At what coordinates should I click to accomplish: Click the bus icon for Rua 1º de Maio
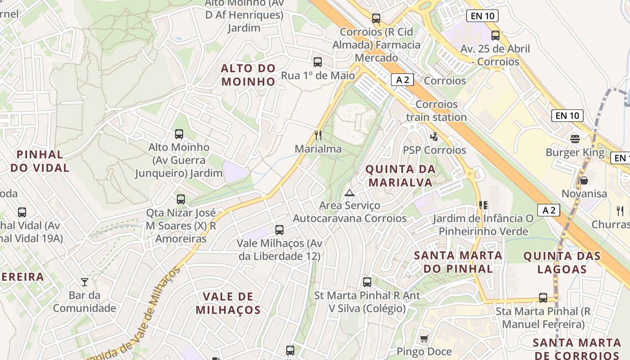coord(318,62)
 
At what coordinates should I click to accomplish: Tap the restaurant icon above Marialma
coord(318,135)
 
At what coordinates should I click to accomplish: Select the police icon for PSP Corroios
coord(434,136)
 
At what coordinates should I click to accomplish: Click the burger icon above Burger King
coord(575,139)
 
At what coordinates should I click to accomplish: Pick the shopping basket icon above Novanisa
coord(584,180)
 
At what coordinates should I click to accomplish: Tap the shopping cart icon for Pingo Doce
coord(424,338)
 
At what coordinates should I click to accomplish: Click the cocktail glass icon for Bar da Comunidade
coord(85,282)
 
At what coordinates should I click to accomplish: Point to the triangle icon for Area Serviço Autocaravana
coord(350,193)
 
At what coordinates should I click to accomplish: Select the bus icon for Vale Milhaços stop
coord(279,230)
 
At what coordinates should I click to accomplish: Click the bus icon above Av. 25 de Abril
coord(495,35)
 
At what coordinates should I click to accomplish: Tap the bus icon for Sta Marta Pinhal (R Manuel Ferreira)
coord(543,298)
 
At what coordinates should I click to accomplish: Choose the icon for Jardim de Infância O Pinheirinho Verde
coord(483,205)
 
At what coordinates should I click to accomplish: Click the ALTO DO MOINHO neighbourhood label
coord(248,75)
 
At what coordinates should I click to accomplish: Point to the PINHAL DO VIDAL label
coord(40,161)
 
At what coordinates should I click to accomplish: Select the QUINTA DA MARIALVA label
coord(400,176)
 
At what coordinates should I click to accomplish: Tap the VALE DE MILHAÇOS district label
coord(228,303)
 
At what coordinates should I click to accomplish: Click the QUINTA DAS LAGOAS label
coord(562,263)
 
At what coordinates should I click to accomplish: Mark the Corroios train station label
coord(436,111)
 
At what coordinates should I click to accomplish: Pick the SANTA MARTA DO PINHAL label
coord(458,262)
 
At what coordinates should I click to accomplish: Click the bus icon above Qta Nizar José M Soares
coord(181,199)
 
